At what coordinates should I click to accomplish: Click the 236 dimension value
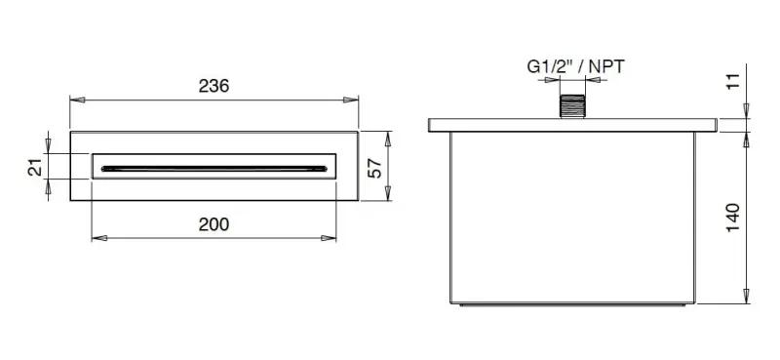click(214, 86)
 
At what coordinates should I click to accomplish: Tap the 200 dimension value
click(214, 224)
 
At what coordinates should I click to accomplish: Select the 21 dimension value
click(35, 167)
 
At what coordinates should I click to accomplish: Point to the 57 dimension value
click(373, 167)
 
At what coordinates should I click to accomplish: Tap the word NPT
click(605, 66)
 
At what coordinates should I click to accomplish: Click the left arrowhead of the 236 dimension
click(74, 99)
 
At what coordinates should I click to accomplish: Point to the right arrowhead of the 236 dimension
click(354, 99)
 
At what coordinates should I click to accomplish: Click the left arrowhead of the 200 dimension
click(96, 237)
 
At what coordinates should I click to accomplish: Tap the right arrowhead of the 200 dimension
click(332, 237)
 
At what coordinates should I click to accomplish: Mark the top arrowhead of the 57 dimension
click(388, 136)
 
